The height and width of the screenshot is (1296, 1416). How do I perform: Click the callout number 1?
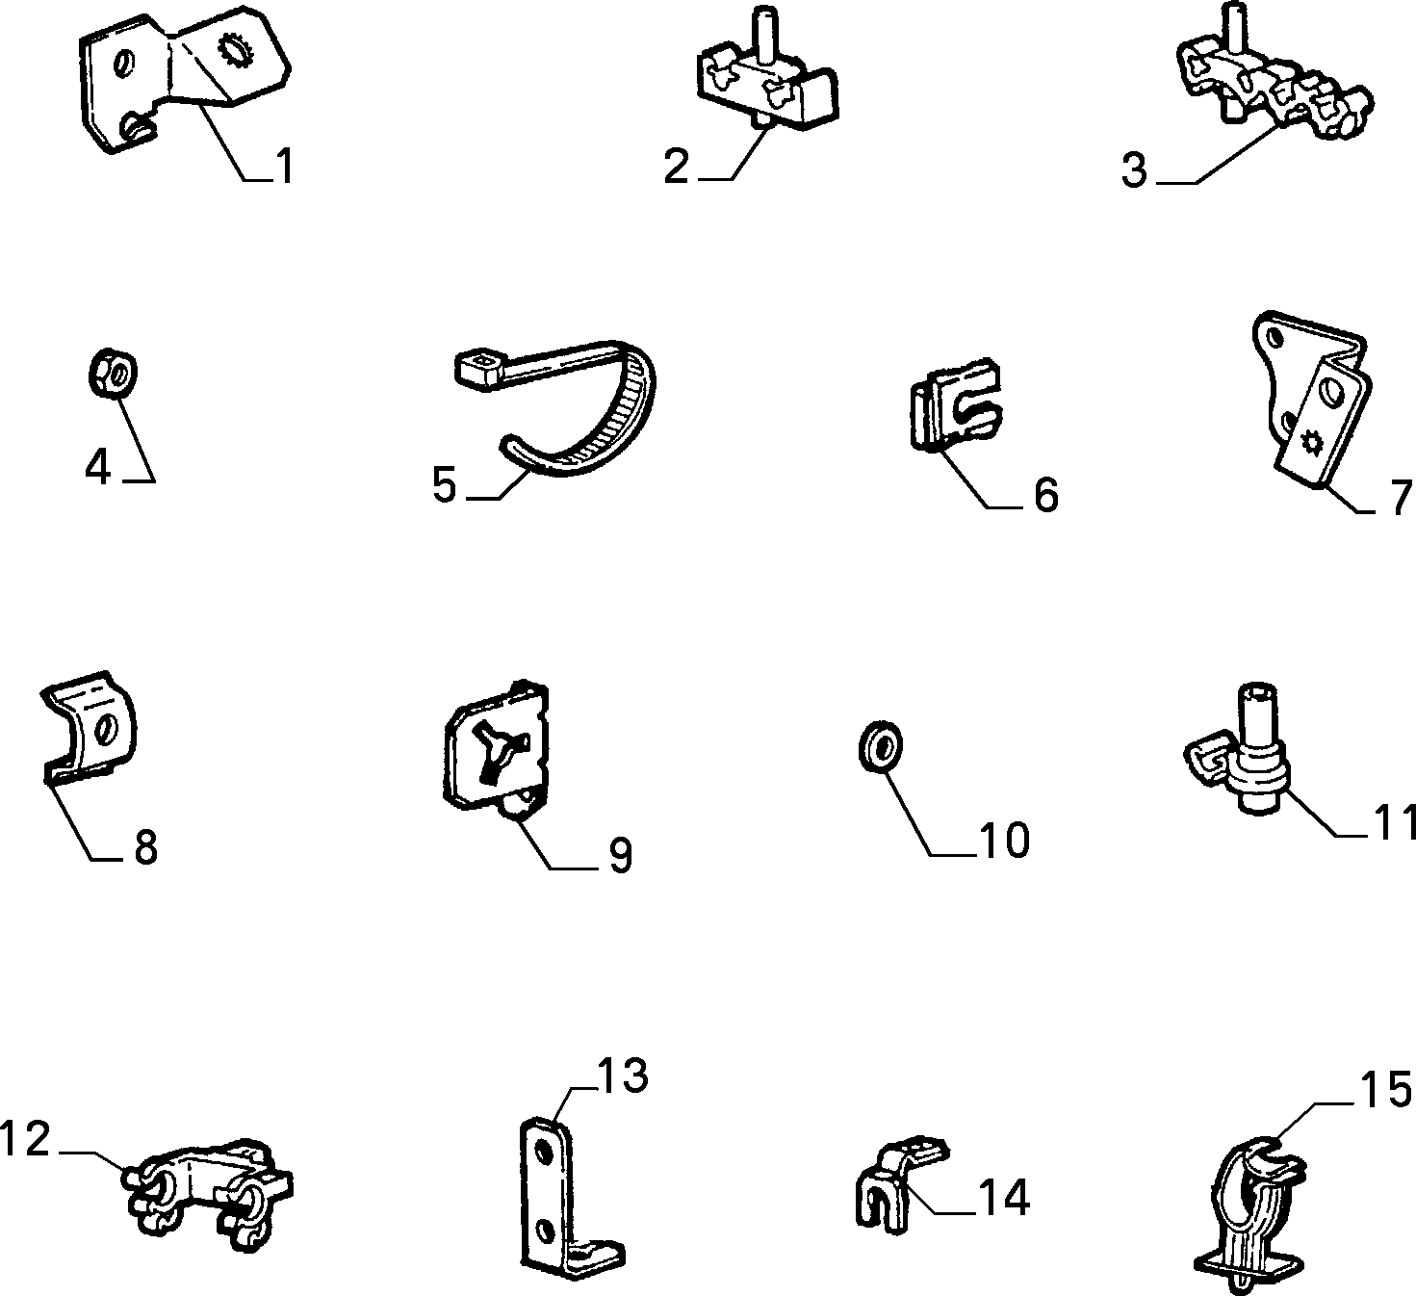(x=284, y=167)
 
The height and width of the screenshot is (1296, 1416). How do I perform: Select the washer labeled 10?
(x=881, y=747)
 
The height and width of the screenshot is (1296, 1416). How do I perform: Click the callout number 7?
(x=1400, y=497)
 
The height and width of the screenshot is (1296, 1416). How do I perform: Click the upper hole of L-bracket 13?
(x=544, y=1154)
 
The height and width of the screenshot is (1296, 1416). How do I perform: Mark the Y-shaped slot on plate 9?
(x=503, y=753)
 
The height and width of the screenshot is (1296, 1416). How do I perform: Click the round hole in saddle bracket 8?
(x=107, y=730)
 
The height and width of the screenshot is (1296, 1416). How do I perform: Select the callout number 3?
(x=1134, y=170)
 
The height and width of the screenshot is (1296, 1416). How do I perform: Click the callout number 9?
(x=620, y=855)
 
